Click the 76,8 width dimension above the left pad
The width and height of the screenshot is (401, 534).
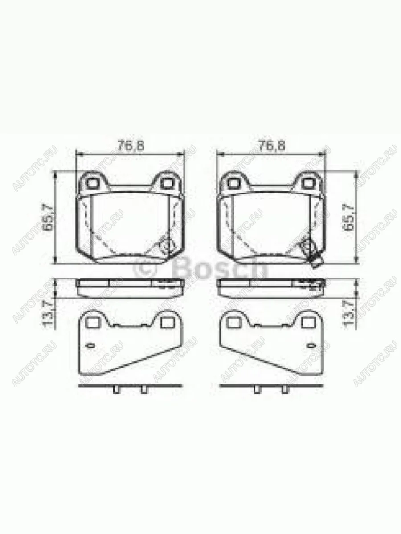[x=131, y=146]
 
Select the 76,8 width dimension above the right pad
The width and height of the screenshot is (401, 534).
[x=271, y=146]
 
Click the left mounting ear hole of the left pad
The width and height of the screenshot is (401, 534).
[x=92, y=183]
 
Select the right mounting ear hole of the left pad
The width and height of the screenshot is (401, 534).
[x=167, y=183]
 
